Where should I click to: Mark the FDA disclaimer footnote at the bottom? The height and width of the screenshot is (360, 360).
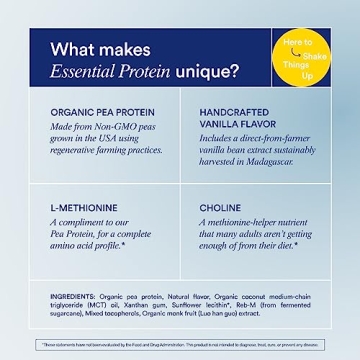pos(180,344)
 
